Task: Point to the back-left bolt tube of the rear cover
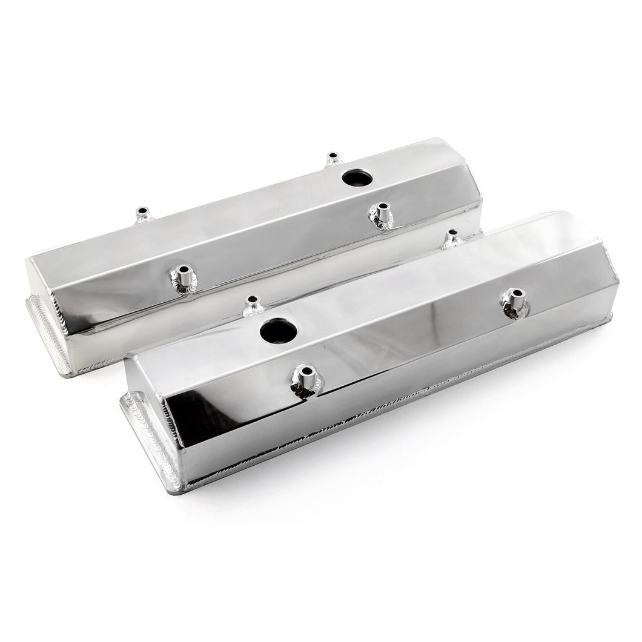[x=143, y=215]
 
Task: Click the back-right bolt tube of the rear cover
[x=333, y=160]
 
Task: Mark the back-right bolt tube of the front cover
[x=451, y=239]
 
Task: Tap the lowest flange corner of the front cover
[x=175, y=489]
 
